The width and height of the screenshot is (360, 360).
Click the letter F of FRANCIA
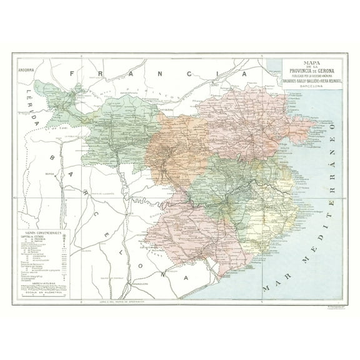click(x=72, y=74)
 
